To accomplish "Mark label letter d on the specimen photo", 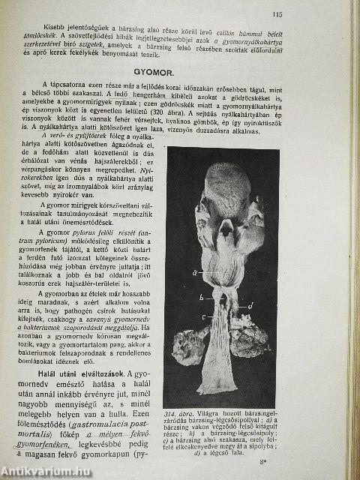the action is click(x=251, y=304).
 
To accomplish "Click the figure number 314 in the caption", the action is click(x=171, y=414).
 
